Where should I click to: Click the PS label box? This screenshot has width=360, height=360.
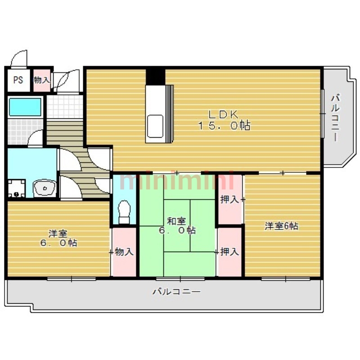[18, 80]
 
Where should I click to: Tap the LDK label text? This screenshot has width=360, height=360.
[223, 114]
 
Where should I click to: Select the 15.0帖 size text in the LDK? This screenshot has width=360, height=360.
[224, 126]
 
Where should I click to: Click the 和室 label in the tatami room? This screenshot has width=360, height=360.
[176, 221]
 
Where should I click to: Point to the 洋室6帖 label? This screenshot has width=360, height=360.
[282, 226]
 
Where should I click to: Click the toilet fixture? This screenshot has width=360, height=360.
[124, 211]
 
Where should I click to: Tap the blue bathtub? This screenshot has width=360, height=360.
[25, 107]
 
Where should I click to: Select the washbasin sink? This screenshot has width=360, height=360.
[45, 188]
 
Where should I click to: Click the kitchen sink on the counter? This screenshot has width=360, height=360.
[155, 126]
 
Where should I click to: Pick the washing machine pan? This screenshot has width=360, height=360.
[16, 188]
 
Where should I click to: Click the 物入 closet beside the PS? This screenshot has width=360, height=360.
[42, 80]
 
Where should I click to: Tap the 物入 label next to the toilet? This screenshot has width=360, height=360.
[124, 252]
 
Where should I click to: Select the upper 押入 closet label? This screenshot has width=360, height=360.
[229, 199]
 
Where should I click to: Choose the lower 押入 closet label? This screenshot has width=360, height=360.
[229, 252]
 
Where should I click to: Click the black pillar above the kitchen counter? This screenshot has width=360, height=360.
[155, 76]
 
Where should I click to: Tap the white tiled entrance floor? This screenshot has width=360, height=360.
[65, 107]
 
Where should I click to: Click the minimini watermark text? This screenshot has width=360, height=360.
[177, 181]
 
